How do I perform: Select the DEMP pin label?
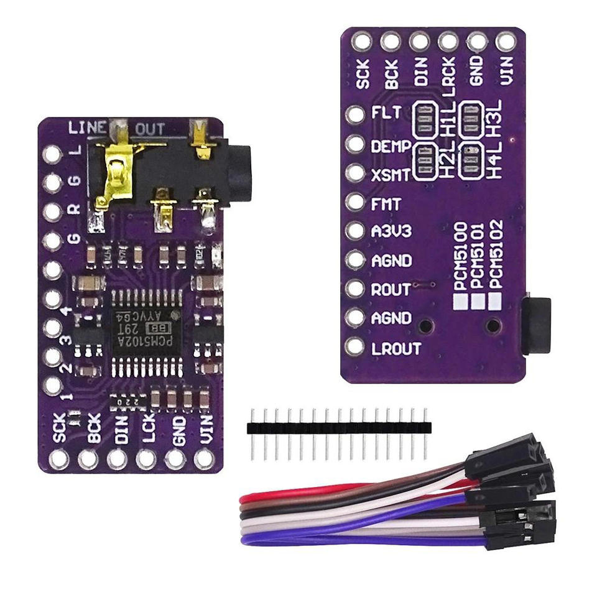[391, 147]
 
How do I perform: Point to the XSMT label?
[391, 175]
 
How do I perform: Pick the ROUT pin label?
[391, 290]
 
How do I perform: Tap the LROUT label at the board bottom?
[396, 348]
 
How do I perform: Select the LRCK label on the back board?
[450, 73]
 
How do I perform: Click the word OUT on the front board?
[150, 129]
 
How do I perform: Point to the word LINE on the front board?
[87, 128]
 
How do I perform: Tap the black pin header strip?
[339, 427]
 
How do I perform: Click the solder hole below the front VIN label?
[204, 460]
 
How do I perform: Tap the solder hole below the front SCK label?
[59, 460]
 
